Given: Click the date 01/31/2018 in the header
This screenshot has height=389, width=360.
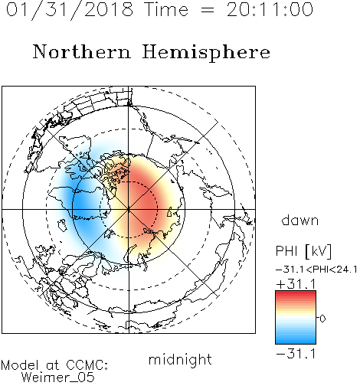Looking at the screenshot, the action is point(70,10).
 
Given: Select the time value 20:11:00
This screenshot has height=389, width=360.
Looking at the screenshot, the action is point(270,9).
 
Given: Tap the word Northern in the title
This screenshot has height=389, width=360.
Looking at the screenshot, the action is point(82,51).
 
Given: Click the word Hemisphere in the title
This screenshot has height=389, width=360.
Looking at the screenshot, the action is point(206,53).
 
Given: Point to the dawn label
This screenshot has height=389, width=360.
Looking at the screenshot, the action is point(300,220).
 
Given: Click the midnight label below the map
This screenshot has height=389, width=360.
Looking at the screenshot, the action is point(180,359).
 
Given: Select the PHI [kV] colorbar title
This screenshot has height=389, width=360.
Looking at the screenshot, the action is point(303,251).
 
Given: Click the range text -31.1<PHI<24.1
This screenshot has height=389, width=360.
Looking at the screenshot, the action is point(316,270).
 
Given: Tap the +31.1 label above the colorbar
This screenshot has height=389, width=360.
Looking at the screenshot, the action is point(296,284).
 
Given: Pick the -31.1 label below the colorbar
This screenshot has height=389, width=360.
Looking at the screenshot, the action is point(296,354).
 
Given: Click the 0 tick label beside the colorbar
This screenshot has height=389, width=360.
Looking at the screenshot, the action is point(322,319).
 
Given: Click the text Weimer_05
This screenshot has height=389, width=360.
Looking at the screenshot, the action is point(58,378).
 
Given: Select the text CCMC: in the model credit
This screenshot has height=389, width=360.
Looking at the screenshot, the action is point(87,365).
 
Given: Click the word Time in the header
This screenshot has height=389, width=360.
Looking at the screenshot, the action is point(166,9).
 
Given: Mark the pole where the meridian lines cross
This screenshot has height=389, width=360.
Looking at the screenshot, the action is point(129,209).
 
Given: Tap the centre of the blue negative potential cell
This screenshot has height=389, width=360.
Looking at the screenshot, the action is point(83,205).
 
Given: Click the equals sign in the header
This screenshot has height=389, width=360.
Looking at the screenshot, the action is point(207,10).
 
